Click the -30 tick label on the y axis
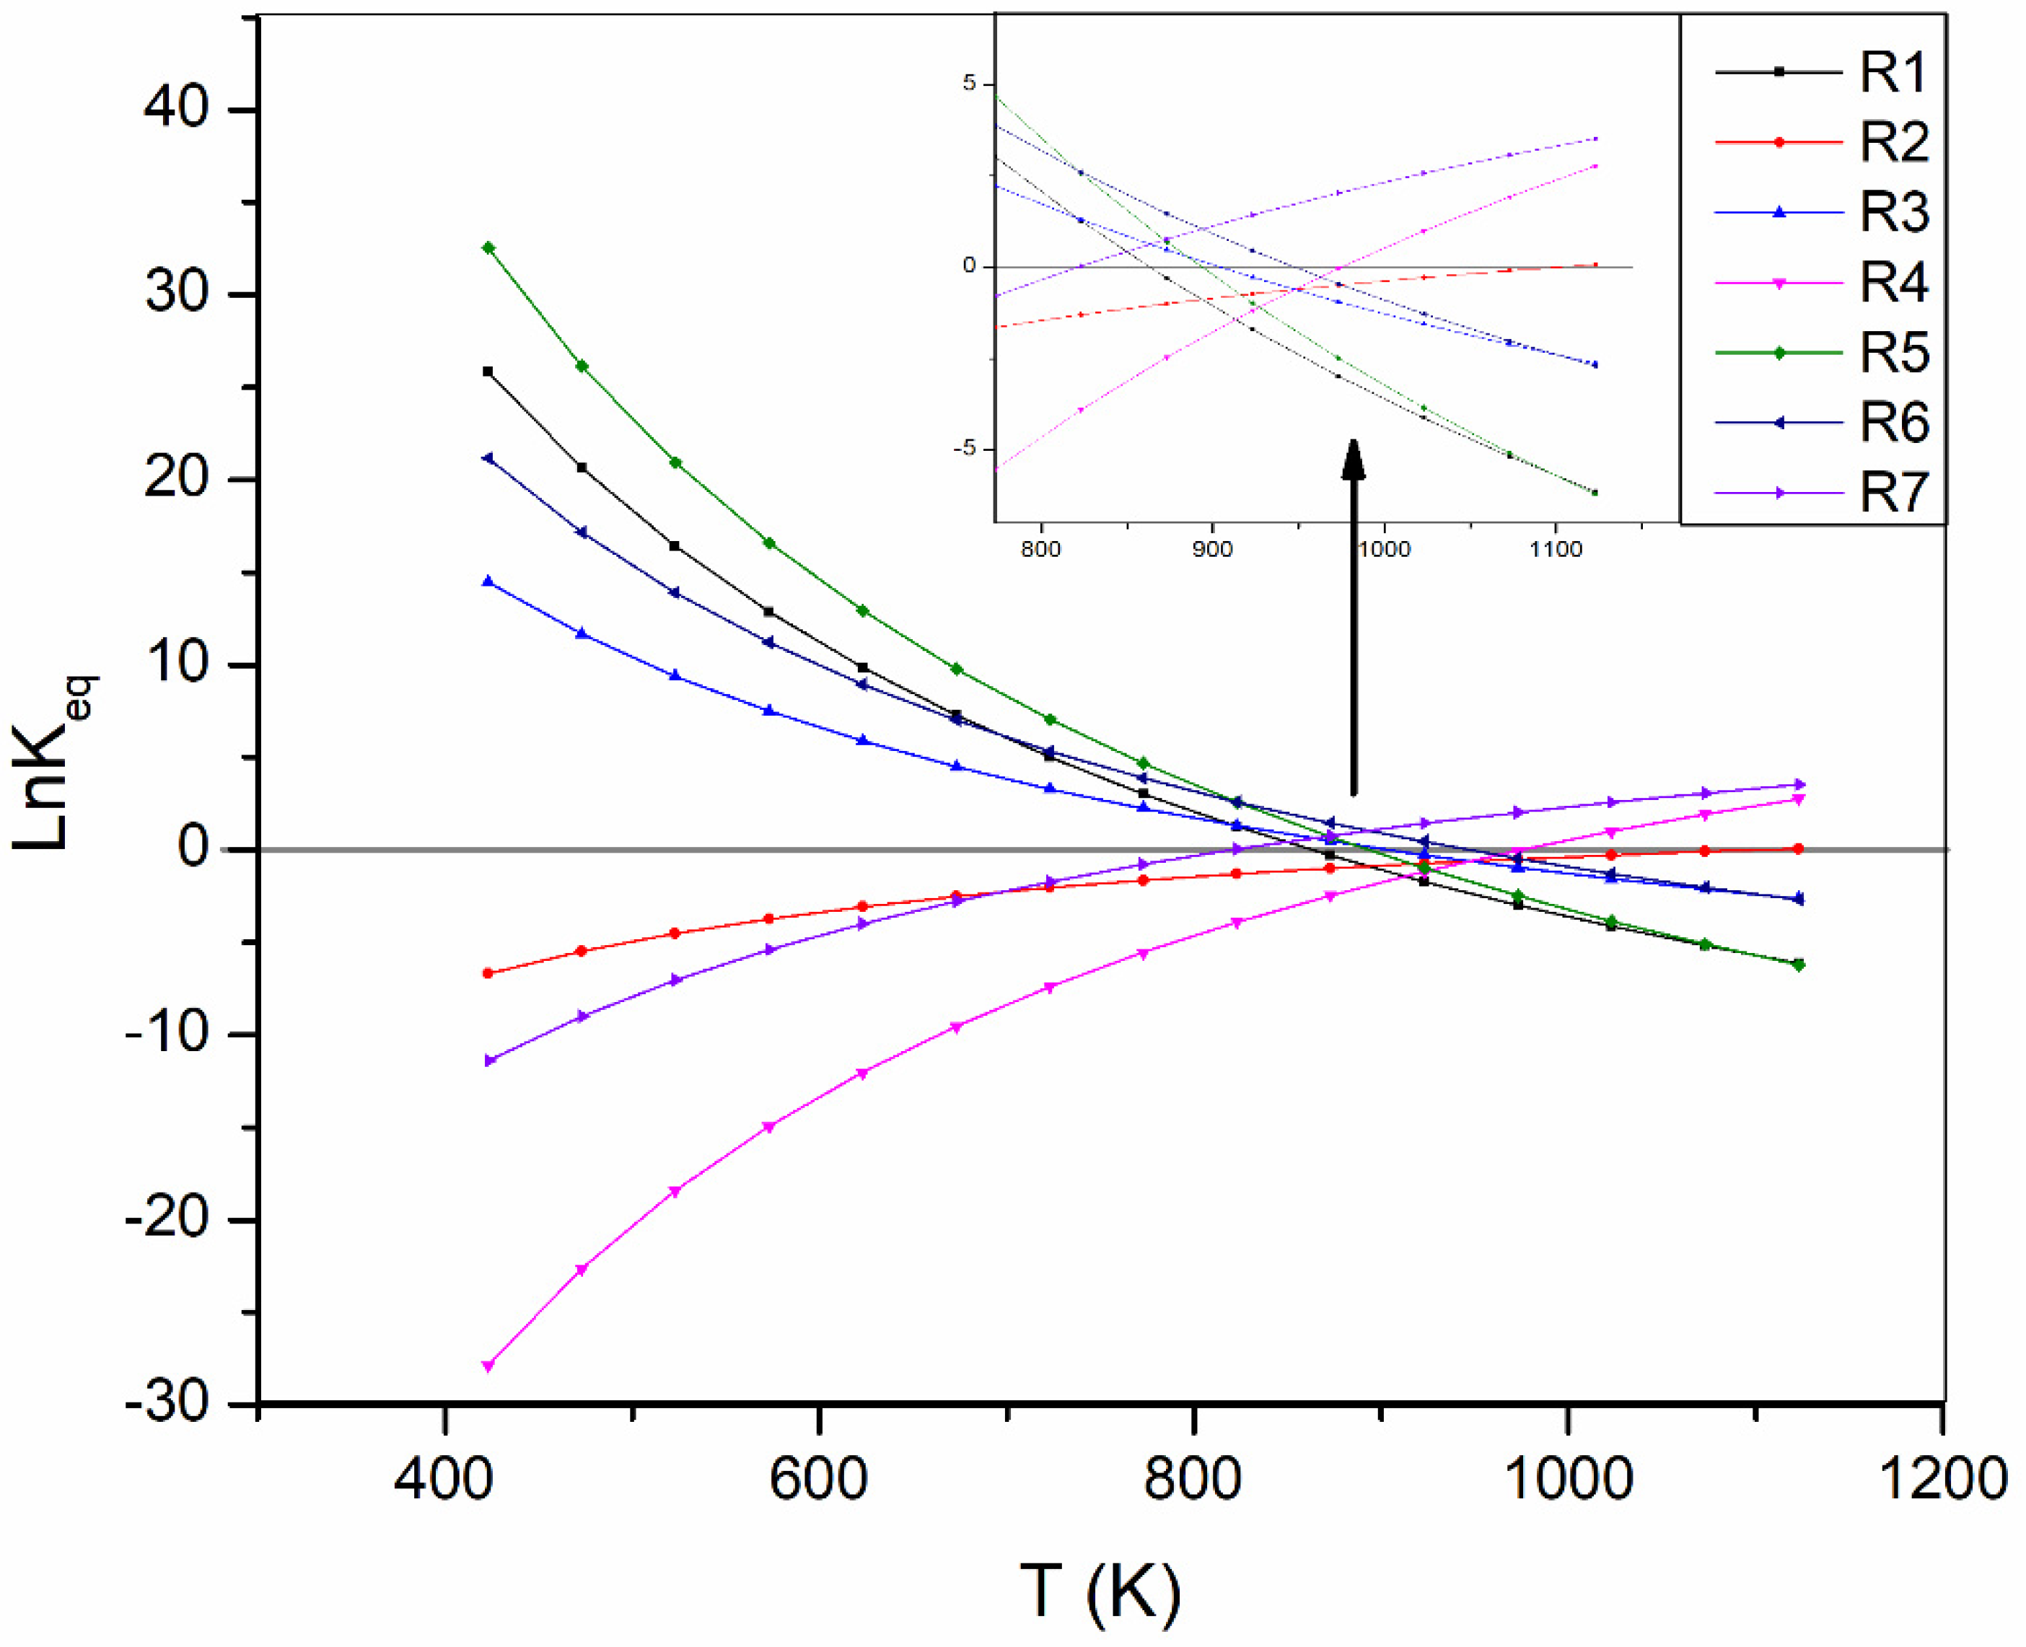(x=166, y=1402)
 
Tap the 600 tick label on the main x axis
(x=818, y=1480)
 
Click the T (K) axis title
(x=1101, y=1591)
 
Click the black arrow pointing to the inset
(x=1354, y=617)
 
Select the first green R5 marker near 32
(x=488, y=247)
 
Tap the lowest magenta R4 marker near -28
(x=488, y=1366)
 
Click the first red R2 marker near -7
(x=488, y=973)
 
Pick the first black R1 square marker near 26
(x=488, y=372)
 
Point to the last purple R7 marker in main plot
(x=1797, y=785)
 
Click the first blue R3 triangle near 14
(x=488, y=581)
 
